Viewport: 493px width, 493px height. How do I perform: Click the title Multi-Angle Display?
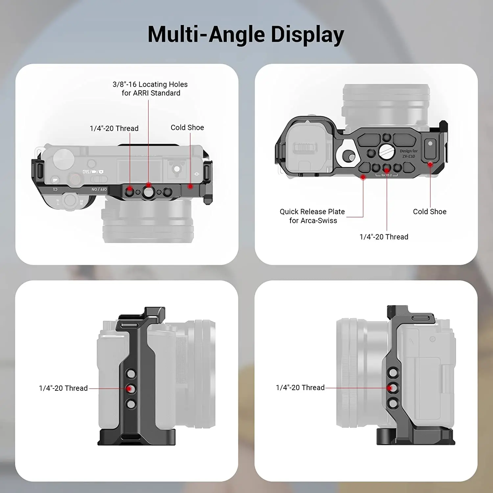click(x=246, y=35)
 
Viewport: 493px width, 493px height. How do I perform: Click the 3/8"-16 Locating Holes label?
click(x=150, y=89)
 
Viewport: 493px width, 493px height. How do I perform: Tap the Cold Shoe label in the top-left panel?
click(x=187, y=128)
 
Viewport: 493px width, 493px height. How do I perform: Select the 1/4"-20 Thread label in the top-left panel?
click(x=114, y=129)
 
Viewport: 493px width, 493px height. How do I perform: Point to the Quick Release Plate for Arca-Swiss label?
click(x=312, y=216)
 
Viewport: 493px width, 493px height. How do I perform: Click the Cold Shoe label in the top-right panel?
click(x=430, y=212)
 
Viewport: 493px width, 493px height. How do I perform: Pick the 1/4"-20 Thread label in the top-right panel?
click(x=384, y=237)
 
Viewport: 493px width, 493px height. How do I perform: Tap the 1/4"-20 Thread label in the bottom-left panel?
click(x=63, y=388)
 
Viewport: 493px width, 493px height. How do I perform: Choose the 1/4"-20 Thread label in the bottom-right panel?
click(x=300, y=388)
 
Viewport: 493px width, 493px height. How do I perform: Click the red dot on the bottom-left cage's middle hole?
click(x=129, y=389)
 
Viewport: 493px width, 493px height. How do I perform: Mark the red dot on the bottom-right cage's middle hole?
click(x=389, y=388)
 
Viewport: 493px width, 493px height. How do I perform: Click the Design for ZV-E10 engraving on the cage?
click(x=409, y=153)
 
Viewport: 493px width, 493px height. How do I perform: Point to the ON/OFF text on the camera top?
click(x=99, y=190)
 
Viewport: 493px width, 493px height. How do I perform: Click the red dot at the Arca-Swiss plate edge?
click(x=363, y=177)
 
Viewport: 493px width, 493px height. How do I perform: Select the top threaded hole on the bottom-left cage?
click(x=131, y=374)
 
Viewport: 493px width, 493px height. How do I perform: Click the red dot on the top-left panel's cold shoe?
click(x=190, y=186)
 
